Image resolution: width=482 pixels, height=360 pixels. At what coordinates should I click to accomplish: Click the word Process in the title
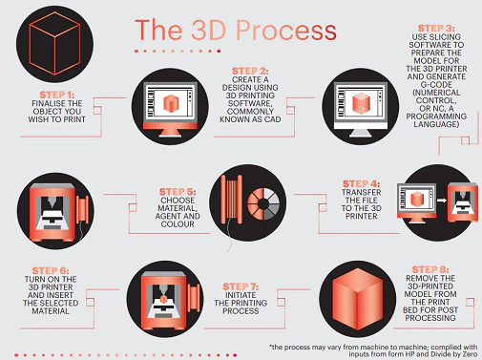(x=286, y=31)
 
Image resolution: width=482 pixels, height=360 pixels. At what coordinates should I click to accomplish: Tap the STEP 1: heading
(x=57, y=95)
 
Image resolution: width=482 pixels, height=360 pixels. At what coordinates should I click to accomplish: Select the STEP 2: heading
(x=250, y=71)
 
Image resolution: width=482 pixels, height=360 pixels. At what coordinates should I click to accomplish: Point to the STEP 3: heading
(x=436, y=29)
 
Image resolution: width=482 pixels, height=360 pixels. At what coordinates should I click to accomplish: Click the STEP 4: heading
(x=361, y=184)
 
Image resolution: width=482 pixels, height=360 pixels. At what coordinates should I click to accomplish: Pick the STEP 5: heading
(x=178, y=192)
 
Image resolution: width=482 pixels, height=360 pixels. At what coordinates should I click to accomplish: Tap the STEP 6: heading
(x=51, y=271)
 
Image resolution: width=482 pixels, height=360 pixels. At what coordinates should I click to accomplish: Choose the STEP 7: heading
(x=241, y=286)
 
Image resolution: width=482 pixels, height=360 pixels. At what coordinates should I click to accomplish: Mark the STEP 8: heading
(x=430, y=270)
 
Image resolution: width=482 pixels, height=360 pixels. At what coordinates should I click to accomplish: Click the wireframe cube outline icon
(x=54, y=44)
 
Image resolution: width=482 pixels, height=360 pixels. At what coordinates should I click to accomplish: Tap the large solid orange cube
(x=358, y=299)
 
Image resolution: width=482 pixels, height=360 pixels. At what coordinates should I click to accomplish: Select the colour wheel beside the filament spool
(x=263, y=203)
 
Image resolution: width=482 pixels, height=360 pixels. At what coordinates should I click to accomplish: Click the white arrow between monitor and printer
(x=442, y=201)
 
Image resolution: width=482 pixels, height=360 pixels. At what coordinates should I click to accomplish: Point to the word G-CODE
(x=436, y=85)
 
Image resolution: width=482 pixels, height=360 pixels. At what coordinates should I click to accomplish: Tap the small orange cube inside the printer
(x=163, y=299)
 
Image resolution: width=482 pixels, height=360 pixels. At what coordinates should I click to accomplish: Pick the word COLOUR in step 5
(x=178, y=224)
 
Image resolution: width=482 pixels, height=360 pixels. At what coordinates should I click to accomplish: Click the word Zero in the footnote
(x=469, y=354)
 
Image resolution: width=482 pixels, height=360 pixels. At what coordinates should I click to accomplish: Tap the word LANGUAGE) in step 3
(x=436, y=124)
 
